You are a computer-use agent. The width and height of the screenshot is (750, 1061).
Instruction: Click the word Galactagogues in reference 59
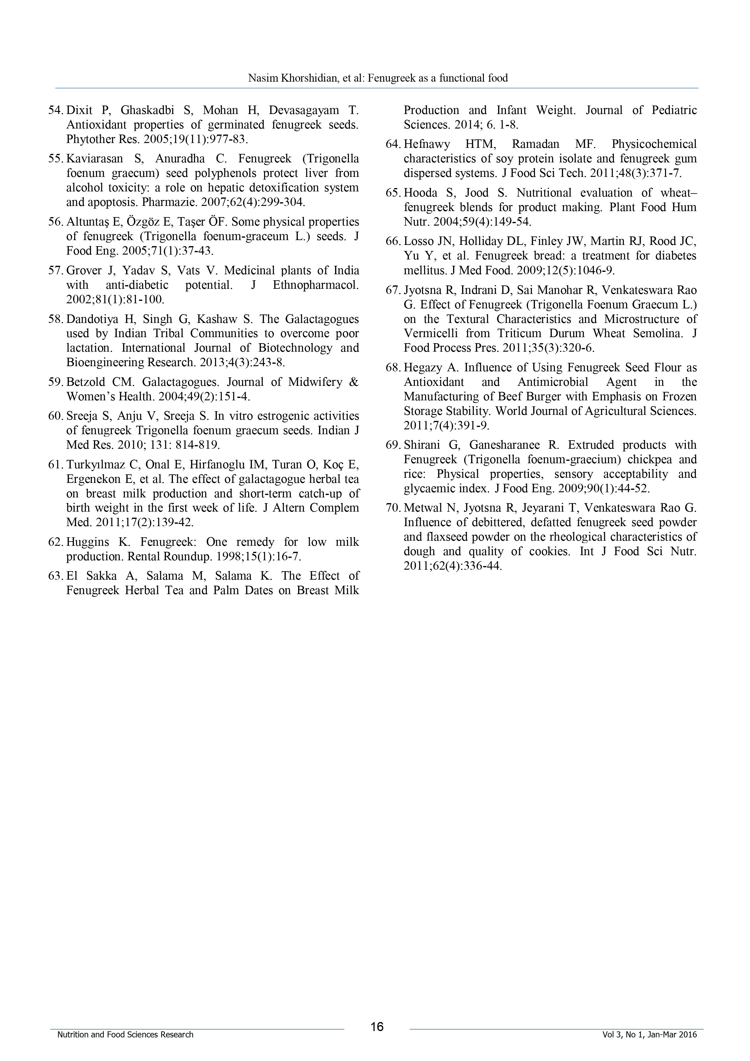pyautogui.click(x=180, y=382)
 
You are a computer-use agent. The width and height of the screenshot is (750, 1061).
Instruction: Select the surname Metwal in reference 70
pyautogui.click(x=422, y=508)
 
